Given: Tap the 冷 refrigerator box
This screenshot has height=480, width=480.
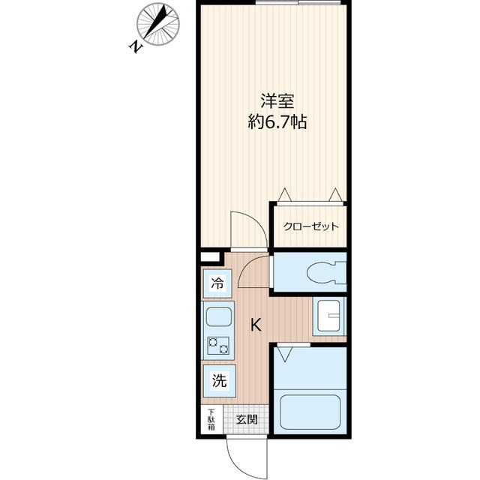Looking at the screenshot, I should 217,284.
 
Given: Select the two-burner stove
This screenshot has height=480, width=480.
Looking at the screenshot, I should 217,346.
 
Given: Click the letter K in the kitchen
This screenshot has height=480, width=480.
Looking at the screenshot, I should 256,325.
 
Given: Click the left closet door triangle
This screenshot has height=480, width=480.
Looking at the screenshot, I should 284,195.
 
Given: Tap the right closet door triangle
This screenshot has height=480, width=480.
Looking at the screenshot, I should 335,195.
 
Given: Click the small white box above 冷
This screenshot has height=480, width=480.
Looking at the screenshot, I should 206,256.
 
